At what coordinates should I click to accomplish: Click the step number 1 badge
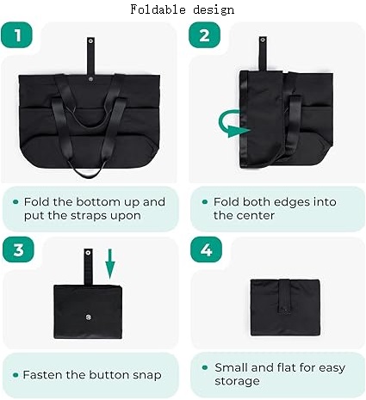[16, 35]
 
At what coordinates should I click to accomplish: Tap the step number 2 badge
[204, 35]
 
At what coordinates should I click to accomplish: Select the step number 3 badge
[18, 249]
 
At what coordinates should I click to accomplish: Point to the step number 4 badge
[206, 249]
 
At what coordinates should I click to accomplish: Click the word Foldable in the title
[158, 9]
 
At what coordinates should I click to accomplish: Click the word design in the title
[214, 10]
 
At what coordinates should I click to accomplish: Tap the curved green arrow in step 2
[233, 124]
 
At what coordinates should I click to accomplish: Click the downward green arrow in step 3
[110, 264]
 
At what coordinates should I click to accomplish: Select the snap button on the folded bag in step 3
[88, 317]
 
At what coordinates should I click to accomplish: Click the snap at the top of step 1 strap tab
[90, 41]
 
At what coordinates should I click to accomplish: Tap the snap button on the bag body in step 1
[90, 78]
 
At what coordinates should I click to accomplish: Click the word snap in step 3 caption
[147, 375]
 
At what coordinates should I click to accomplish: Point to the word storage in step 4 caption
[237, 382]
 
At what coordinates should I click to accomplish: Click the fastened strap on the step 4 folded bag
[285, 296]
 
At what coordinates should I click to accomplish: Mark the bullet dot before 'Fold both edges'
[205, 202]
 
